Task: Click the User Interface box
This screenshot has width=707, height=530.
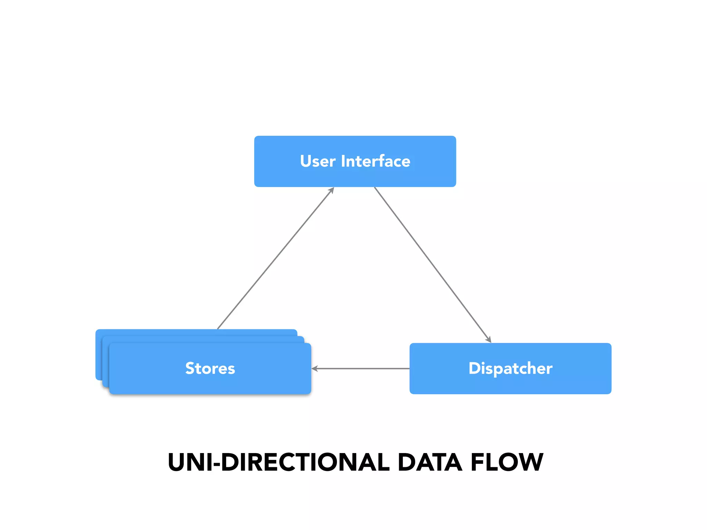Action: point(355,176)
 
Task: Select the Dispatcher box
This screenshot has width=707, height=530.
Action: point(510,383)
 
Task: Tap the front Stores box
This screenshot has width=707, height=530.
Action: point(210,383)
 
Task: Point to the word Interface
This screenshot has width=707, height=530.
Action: point(376,161)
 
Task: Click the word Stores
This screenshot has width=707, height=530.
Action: point(210,368)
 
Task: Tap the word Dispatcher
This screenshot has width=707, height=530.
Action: point(510,368)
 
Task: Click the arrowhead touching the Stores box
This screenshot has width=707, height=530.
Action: point(314,369)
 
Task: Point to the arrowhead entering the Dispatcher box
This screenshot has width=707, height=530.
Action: point(488,340)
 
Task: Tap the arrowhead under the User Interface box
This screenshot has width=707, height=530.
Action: point(332,190)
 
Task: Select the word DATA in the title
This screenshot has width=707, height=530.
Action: point(430,462)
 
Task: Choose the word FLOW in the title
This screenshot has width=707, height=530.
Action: point(507,462)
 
